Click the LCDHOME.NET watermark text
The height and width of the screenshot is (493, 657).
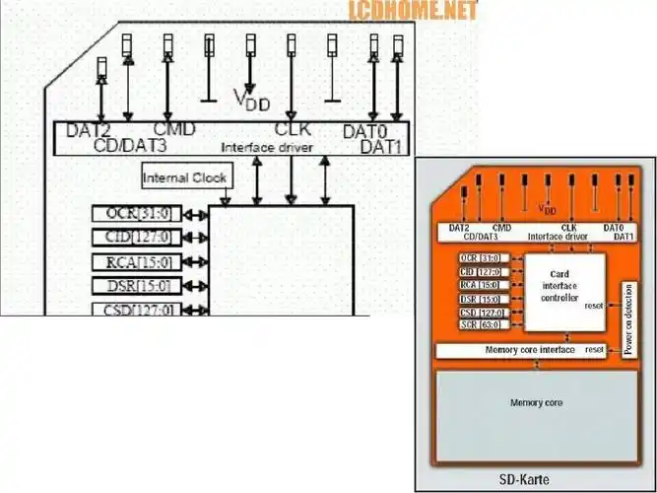(x=412, y=11)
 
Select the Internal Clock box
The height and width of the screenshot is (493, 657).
(x=185, y=178)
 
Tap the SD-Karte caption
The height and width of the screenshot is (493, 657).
(x=537, y=480)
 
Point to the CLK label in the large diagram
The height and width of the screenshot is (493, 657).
(x=293, y=129)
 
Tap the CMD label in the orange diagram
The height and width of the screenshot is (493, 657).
(x=500, y=228)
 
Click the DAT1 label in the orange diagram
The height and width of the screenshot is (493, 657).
(x=623, y=237)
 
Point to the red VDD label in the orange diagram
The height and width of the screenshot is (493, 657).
(x=548, y=210)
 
